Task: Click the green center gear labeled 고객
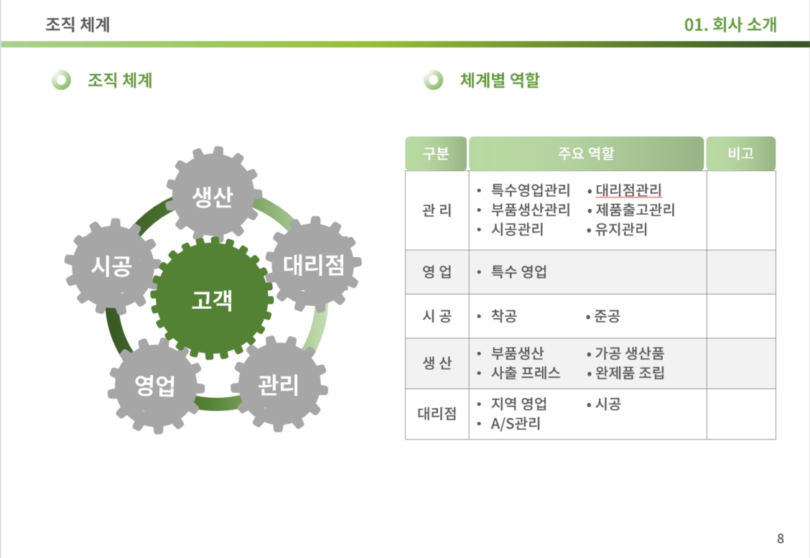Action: tap(212, 298)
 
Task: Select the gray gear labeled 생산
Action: tap(212, 196)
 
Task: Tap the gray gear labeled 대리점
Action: tap(314, 265)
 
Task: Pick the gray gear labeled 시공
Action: tap(111, 267)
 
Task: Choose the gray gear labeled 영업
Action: tap(155, 386)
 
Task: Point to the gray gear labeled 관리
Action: tap(278, 385)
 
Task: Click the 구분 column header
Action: tap(436, 154)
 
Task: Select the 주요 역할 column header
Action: tap(586, 154)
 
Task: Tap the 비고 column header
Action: tap(740, 154)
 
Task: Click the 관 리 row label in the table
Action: tap(437, 210)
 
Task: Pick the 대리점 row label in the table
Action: tap(437, 414)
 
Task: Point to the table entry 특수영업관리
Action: tap(530, 191)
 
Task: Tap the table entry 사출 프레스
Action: tap(526, 373)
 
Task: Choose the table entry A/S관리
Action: tap(516, 424)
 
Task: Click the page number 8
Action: tap(781, 539)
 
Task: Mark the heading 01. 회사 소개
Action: tap(730, 25)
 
